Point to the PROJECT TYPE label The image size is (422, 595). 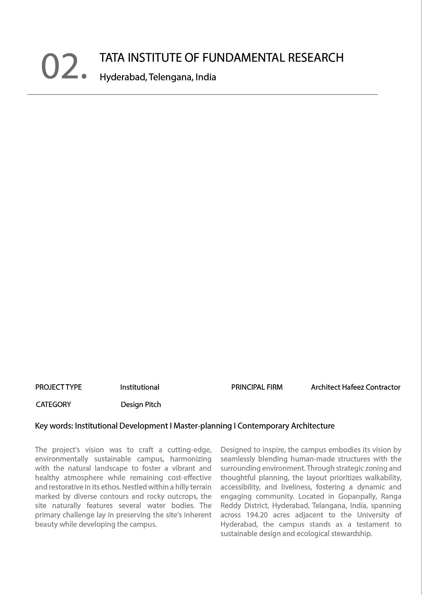(58, 387)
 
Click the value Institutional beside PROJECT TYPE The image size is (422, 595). (140, 387)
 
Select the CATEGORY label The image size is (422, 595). (53, 405)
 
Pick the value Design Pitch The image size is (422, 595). (141, 405)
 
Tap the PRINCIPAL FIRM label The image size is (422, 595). (257, 387)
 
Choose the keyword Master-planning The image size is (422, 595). (203, 426)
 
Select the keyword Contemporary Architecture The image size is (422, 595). (286, 426)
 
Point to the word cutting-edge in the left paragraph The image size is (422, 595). (189, 450)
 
